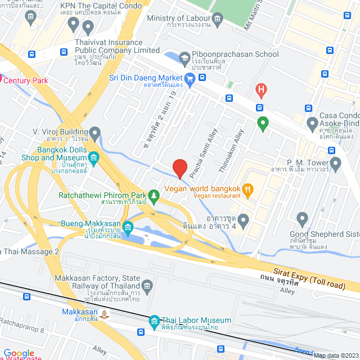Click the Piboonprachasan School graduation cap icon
184,57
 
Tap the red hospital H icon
260,89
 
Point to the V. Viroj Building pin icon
95,133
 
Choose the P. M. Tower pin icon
336,165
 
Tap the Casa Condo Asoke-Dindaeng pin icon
313,123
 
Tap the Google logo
19,352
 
